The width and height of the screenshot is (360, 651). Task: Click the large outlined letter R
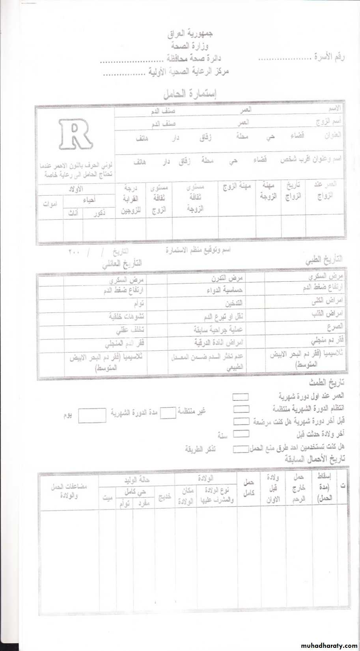(76, 135)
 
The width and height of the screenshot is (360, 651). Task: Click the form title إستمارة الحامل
(190, 94)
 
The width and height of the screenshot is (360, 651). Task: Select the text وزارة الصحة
(190, 46)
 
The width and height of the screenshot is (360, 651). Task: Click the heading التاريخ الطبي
(323, 260)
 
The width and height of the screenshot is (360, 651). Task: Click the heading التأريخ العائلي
(122, 264)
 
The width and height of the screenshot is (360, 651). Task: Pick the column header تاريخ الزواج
(293, 191)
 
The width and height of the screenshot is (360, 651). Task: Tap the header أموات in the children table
(50, 204)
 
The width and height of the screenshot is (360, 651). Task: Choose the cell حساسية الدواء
(224, 290)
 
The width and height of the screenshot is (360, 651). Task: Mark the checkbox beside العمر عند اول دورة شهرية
(241, 397)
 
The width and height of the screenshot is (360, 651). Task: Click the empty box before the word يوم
(92, 415)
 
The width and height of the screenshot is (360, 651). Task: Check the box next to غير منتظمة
(168, 413)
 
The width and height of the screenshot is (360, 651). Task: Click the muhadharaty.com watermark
(328, 646)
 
